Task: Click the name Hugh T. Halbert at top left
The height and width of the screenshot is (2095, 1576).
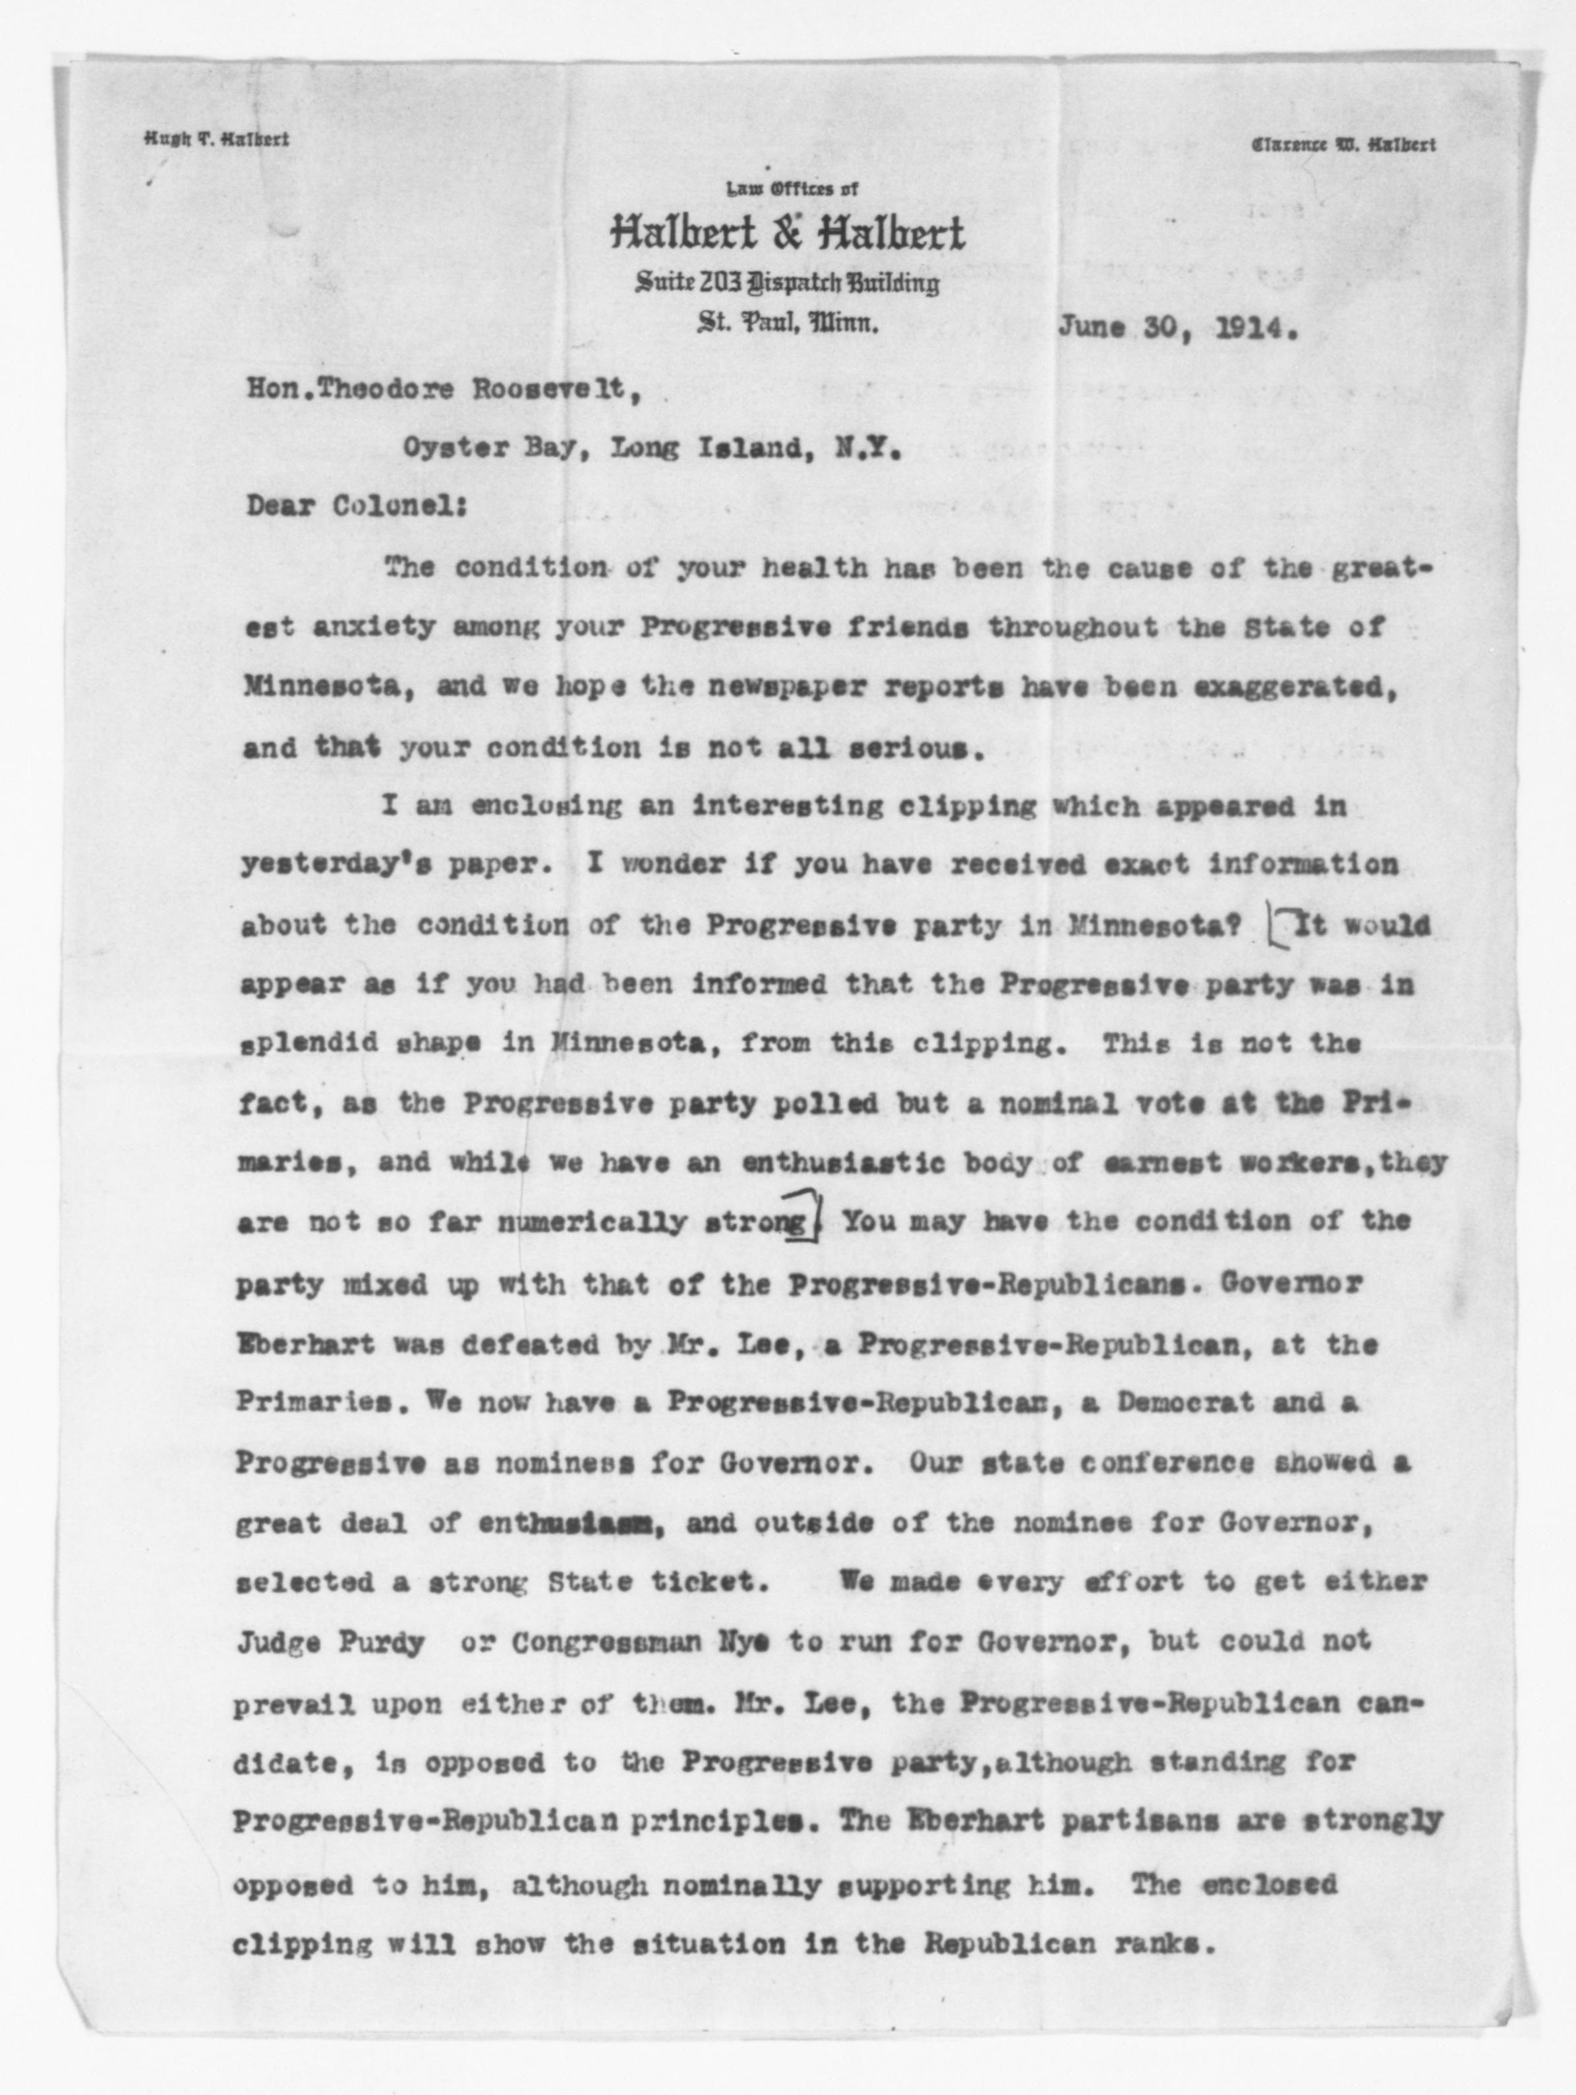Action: point(217,139)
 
